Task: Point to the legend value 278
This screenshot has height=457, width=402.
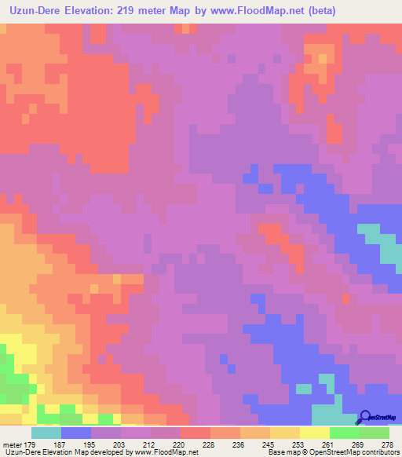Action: tap(387, 444)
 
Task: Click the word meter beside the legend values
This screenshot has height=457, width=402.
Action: tap(13, 444)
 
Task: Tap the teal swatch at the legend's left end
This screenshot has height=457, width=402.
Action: tap(46, 433)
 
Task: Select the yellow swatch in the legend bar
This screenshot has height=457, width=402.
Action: tap(315, 433)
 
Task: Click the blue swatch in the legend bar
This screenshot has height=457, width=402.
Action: tap(75, 433)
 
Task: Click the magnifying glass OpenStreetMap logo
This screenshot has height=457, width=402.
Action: tap(366, 418)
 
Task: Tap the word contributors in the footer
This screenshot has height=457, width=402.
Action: tap(379, 453)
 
